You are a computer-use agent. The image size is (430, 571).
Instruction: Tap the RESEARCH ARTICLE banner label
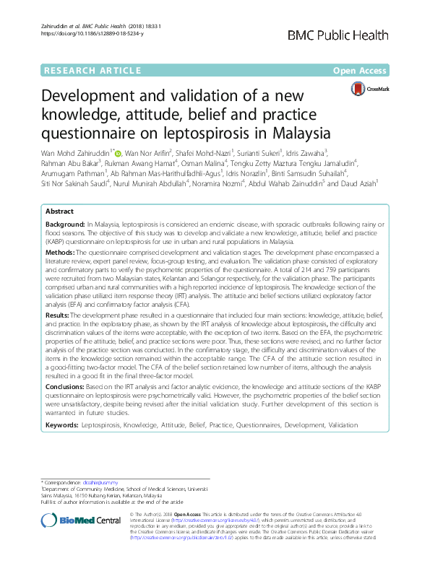click(92, 70)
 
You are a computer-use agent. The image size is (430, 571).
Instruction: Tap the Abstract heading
click(59, 191)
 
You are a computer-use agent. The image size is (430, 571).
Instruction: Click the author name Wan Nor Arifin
click(148, 152)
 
